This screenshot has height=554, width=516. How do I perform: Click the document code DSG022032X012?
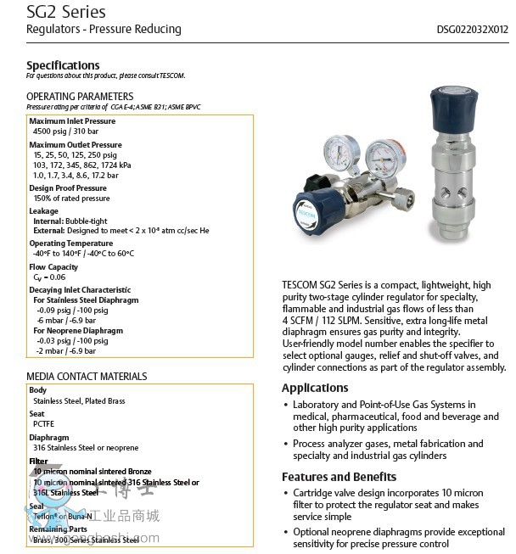click(472, 29)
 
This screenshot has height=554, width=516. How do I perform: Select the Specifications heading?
click(63, 65)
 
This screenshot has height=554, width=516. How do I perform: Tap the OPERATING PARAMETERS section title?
click(80, 96)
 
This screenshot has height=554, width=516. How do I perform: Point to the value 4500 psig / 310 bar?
click(65, 132)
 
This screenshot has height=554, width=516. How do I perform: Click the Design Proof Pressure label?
click(68, 188)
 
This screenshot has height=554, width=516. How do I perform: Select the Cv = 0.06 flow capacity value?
click(49, 277)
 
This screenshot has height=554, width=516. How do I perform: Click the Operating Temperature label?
click(70, 243)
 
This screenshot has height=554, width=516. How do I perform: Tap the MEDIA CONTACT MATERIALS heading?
click(87, 376)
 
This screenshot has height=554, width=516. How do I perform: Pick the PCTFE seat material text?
click(43, 423)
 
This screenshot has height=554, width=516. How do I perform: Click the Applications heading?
click(315, 388)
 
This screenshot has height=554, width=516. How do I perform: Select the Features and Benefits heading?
click(339, 477)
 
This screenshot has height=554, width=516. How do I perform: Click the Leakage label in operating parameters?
click(44, 211)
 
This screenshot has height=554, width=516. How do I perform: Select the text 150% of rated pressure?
click(71, 199)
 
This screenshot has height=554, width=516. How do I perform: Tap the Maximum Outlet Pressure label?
click(76, 145)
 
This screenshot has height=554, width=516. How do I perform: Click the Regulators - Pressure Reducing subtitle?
click(104, 30)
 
